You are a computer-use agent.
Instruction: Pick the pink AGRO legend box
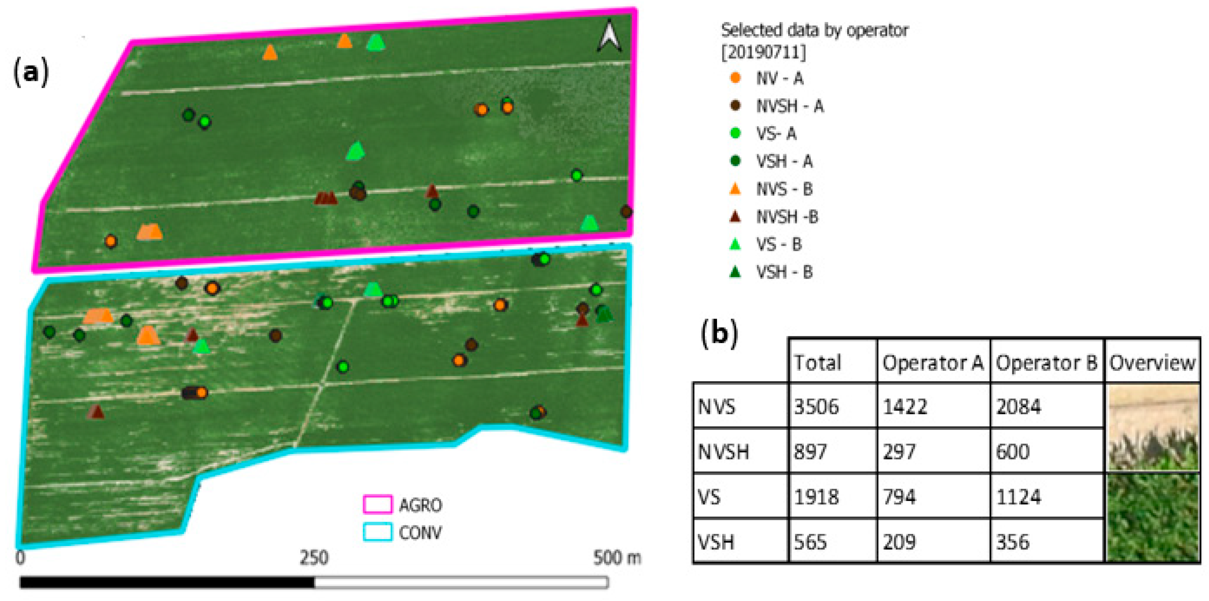click(x=378, y=505)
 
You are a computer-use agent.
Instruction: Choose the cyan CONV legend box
click(x=378, y=532)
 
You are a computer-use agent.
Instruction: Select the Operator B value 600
click(x=1012, y=451)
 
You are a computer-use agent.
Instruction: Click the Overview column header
click(x=1152, y=363)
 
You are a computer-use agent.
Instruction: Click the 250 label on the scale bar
click(x=314, y=558)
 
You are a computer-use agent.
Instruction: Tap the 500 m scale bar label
click(x=616, y=558)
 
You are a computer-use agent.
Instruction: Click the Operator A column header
click(x=932, y=363)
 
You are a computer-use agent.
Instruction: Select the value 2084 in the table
click(x=1018, y=406)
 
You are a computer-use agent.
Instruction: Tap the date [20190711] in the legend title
click(x=763, y=52)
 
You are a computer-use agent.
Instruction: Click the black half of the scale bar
click(x=167, y=582)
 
